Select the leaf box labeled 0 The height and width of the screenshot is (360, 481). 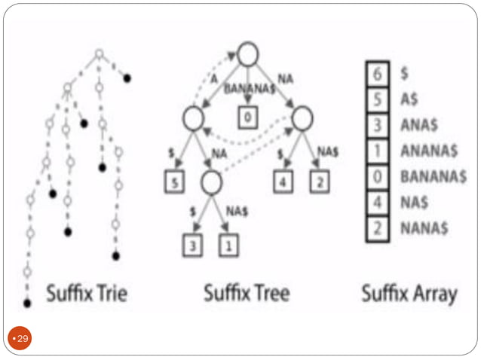[248, 117]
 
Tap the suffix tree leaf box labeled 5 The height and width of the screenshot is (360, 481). [174, 182]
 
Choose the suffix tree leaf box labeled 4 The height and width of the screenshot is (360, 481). [284, 182]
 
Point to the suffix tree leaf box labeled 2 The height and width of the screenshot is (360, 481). [320, 182]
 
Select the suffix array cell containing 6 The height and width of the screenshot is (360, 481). [378, 74]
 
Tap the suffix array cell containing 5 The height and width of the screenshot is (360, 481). [378, 100]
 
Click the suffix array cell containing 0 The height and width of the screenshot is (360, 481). [378, 176]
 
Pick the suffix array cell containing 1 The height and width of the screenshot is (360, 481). [378, 151]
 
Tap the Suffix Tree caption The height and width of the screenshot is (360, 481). [247, 293]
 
